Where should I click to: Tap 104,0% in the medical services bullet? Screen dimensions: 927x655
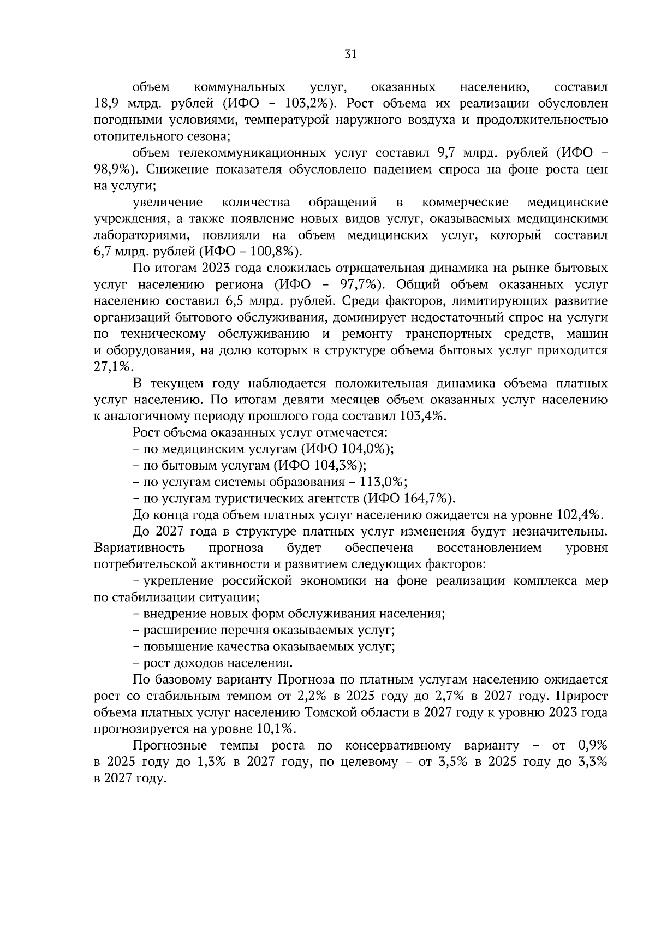(x=364, y=449)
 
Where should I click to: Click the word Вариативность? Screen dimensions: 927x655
(x=139, y=548)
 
